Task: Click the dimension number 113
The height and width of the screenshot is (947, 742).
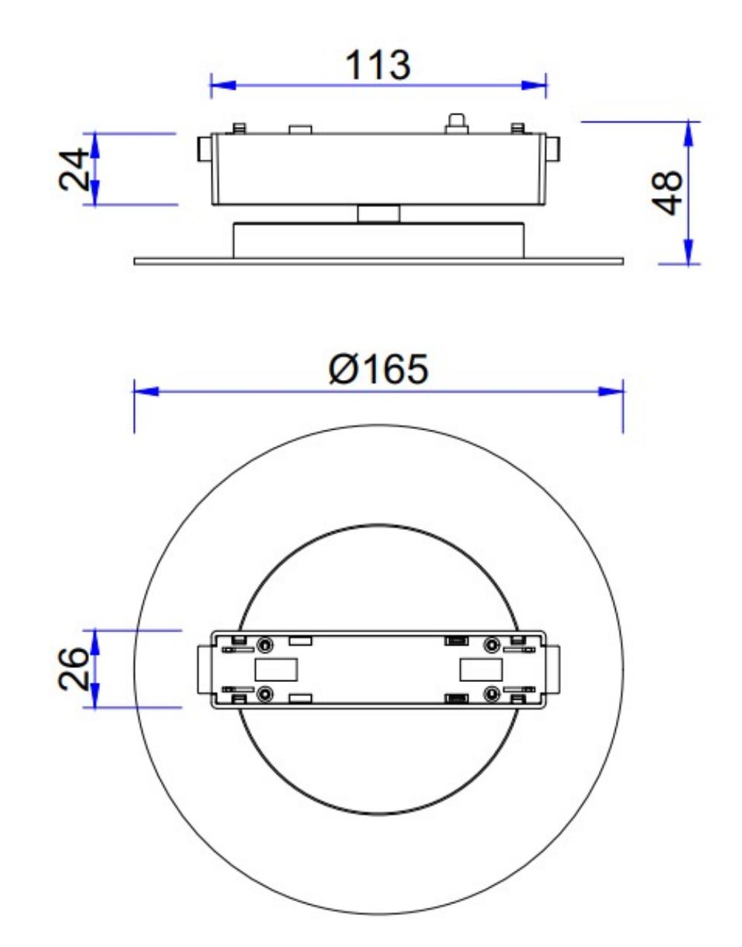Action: [378, 65]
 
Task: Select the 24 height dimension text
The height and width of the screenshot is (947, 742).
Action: [76, 169]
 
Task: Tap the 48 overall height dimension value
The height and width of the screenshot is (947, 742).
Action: [671, 192]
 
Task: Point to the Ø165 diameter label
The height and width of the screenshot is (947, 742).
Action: [378, 369]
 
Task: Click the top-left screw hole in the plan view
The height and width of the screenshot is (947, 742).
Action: [265, 643]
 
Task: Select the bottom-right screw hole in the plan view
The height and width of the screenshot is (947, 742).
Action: [491, 694]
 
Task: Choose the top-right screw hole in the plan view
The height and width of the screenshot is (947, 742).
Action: [491, 643]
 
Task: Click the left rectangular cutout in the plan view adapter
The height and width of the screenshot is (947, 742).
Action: [276, 669]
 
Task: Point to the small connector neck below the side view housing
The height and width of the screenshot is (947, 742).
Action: [378, 214]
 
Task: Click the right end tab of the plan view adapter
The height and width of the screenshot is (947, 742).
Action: [554, 669]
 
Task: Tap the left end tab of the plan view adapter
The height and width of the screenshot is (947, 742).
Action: [203, 669]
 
